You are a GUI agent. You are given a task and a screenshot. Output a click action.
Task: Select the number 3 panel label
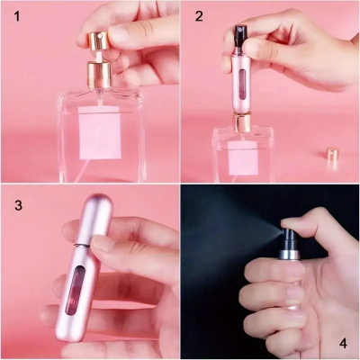coord(17,205)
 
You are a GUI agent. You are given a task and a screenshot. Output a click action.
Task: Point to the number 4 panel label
coord(342,344)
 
